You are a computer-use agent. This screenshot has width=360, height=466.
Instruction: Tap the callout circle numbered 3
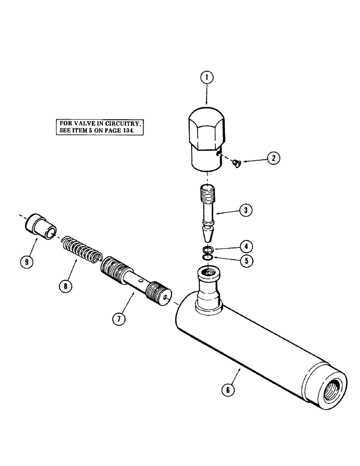[246, 211]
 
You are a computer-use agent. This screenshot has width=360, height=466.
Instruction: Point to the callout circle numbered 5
[246, 261]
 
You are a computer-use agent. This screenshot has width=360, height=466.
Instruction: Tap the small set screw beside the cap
[235, 163]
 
